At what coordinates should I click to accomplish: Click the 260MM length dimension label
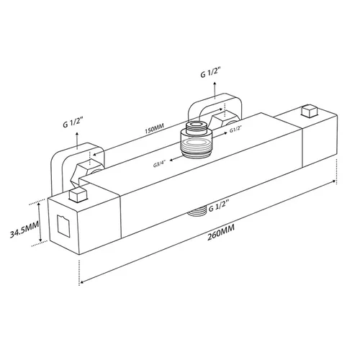(x=221, y=233)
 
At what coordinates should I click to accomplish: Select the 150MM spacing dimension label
(x=154, y=129)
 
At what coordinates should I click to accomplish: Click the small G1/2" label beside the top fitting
(x=235, y=130)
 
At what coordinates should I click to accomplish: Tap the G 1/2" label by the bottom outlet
(x=217, y=207)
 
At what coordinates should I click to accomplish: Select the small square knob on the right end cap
(x=310, y=111)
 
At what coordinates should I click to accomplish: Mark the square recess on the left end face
(x=64, y=224)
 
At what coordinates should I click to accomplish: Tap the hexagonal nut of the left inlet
(x=88, y=171)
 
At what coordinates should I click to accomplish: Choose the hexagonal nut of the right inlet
(x=224, y=120)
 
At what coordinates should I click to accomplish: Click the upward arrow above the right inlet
(x=215, y=90)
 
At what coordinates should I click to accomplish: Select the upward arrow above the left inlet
(x=77, y=140)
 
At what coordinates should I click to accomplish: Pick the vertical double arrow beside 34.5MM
(x=40, y=222)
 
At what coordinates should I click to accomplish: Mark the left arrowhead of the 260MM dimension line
(x=84, y=282)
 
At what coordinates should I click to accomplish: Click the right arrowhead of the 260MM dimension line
(x=333, y=181)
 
